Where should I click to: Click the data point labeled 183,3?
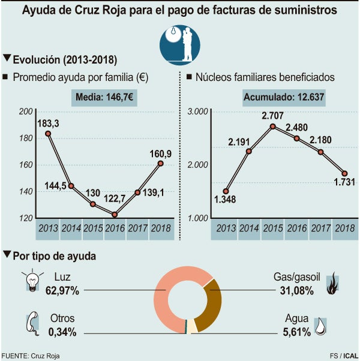(48, 133)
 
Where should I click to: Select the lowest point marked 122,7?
(115, 214)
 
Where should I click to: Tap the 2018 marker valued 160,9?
(160, 163)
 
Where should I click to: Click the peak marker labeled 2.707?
(272, 127)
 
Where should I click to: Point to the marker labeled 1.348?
(226, 191)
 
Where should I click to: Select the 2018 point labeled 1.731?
(344, 173)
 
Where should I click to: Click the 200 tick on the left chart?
(26, 112)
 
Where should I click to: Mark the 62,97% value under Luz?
(62, 291)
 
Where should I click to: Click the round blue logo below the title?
(179, 43)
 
